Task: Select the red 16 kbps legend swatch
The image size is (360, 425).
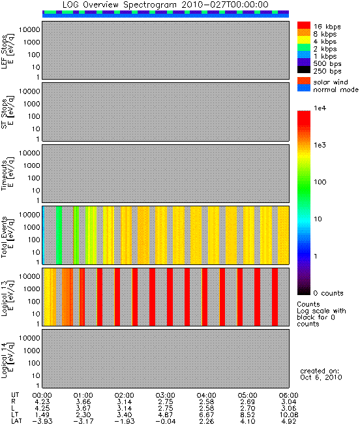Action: click(x=304, y=25)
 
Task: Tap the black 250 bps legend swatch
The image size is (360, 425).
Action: click(x=304, y=70)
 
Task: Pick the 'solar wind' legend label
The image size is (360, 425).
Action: click(x=331, y=82)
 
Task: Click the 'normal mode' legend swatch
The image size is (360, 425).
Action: click(x=304, y=88)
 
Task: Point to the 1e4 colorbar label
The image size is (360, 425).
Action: click(x=320, y=108)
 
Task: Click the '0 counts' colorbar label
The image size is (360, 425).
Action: click(x=328, y=293)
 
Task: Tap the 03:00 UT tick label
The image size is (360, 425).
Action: click(x=166, y=395)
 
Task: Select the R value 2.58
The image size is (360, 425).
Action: click(x=206, y=401)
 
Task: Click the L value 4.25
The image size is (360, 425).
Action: click(x=42, y=408)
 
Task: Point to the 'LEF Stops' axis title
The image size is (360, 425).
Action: click(x=4, y=52)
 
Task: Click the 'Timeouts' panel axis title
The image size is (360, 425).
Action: click(x=4, y=176)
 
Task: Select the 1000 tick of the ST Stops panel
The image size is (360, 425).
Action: click(x=32, y=104)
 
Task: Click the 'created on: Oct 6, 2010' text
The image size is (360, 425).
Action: click(x=321, y=374)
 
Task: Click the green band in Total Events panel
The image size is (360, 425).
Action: click(x=59, y=235)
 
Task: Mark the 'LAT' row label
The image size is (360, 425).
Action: click(x=16, y=422)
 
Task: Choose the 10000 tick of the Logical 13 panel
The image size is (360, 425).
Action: click(x=29, y=276)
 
